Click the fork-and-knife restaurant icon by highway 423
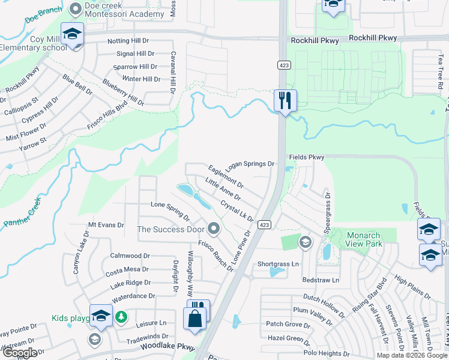pyautogui.click(x=285, y=100)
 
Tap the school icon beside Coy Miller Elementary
pyautogui.click(x=72, y=34)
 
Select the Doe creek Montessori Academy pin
pyautogui.click(x=76, y=8)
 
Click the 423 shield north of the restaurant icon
pyautogui.click(x=281, y=65)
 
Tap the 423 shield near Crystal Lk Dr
pyautogui.click(x=264, y=224)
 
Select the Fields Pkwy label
pyautogui.click(x=306, y=157)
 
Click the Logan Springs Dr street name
pyautogui.click(x=250, y=164)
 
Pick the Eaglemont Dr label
pyautogui.click(x=226, y=176)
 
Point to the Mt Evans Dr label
pyautogui.click(x=106, y=225)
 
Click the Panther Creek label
pyautogui.click(x=22, y=211)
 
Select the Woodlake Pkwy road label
pyautogui.click(x=168, y=347)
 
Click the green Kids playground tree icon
pyautogui.click(x=121, y=316)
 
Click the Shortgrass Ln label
pyautogui.click(x=278, y=264)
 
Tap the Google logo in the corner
pyautogui.click(x=20, y=353)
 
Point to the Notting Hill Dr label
pyautogui.click(x=130, y=41)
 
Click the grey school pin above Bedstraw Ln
pyautogui.click(x=305, y=242)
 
